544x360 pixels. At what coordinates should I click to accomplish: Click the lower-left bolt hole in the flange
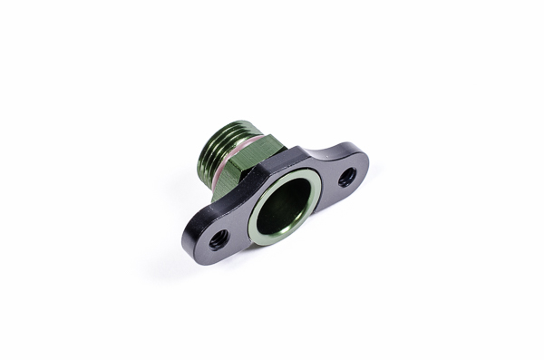tap(219, 240)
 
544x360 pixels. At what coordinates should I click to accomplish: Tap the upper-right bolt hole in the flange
tap(347, 178)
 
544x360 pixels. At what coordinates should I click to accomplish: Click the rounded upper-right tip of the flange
tap(364, 163)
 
